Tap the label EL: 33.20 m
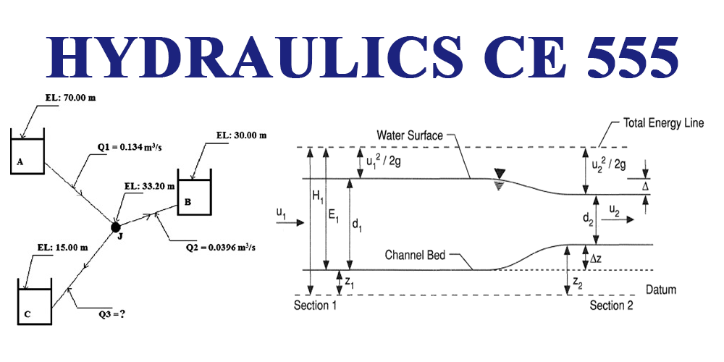point(150,186)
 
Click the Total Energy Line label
point(663,124)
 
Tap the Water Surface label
point(410,135)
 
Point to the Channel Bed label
point(415,255)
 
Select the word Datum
point(660,290)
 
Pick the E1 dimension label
point(334,214)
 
